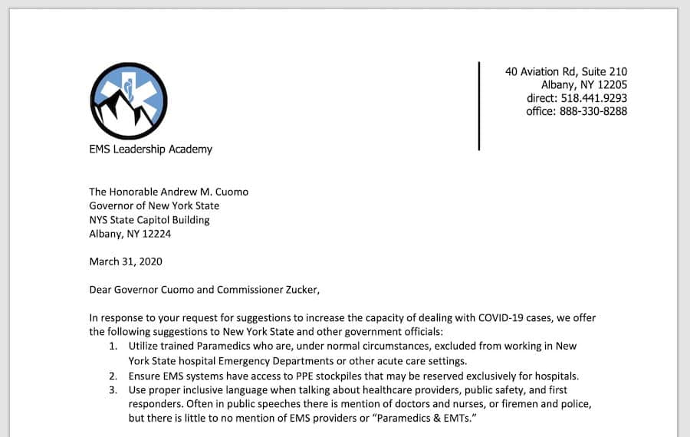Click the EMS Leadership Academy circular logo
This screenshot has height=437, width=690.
point(129,100)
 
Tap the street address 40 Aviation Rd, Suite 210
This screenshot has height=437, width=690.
point(566,72)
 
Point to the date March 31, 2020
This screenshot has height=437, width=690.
point(126,261)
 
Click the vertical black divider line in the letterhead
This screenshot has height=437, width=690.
point(479,106)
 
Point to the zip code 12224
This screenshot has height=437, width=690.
point(156,234)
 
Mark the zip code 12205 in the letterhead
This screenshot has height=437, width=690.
point(609,85)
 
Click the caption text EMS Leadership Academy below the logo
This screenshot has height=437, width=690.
point(150,149)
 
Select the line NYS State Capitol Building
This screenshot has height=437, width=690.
point(149,220)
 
